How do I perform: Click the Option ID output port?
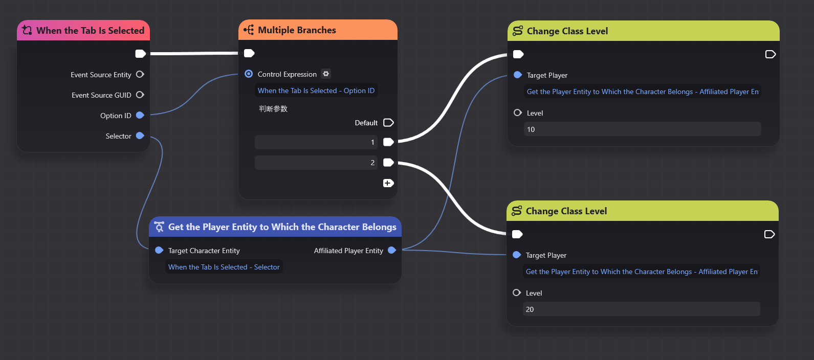pyautogui.click(x=140, y=115)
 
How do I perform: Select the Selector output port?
pyautogui.click(x=140, y=136)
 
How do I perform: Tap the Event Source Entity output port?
pyautogui.click(x=140, y=75)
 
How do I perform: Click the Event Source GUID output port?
pyautogui.click(x=140, y=95)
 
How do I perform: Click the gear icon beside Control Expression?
pyautogui.click(x=326, y=74)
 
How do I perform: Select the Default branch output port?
pyautogui.click(x=388, y=123)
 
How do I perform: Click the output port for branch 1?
pyautogui.click(x=388, y=142)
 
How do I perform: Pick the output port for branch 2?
pyautogui.click(x=388, y=163)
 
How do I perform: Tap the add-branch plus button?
pyautogui.click(x=388, y=183)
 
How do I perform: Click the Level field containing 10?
pyautogui.click(x=643, y=129)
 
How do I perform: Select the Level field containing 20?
pyautogui.click(x=642, y=309)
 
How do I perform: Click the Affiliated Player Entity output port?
pyautogui.click(x=392, y=250)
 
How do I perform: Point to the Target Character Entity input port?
pyautogui.click(x=159, y=250)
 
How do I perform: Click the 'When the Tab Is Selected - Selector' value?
pyautogui.click(x=224, y=267)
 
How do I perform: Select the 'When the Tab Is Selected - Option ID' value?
pyautogui.click(x=316, y=91)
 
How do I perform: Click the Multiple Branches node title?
pyautogui.click(x=297, y=30)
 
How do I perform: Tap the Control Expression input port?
pyautogui.click(x=249, y=74)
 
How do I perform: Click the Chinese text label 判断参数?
pyautogui.click(x=273, y=108)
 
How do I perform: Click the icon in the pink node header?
pyautogui.click(x=27, y=30)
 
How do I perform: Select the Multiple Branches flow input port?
pyautogui.click(x=249, y=53)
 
